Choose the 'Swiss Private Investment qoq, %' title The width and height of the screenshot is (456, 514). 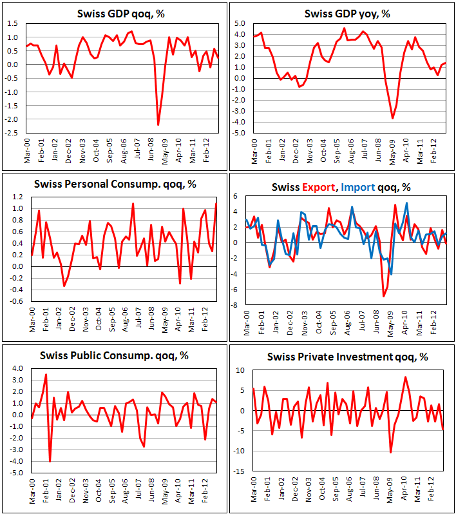click(342, 355)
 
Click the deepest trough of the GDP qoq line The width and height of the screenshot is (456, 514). click(158, 124)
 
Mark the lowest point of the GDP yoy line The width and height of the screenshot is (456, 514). click(392, 118)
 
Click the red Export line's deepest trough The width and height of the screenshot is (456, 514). click(384, 296)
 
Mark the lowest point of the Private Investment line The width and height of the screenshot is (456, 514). click(390, 452)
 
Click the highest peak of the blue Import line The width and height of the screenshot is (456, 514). click(406, 203)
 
